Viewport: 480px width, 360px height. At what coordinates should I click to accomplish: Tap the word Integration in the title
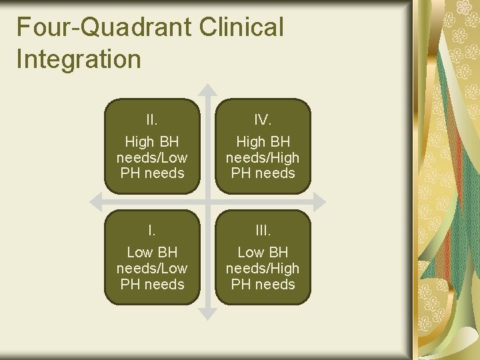pos(79,59)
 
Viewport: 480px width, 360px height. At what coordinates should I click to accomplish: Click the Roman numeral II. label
pos(152,120)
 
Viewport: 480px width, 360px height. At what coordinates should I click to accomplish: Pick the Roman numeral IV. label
pos(262,120)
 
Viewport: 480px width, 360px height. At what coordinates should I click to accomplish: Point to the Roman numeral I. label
pos(152,231)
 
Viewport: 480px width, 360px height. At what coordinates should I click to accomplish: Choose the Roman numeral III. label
pos(262,231)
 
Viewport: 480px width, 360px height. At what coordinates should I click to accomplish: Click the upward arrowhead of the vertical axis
pos(208,90)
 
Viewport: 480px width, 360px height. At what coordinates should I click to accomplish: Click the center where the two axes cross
pos(208,201)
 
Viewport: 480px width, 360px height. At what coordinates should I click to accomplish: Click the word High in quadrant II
pos(139,142)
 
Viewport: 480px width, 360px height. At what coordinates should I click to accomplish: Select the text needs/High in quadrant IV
pos(262,157)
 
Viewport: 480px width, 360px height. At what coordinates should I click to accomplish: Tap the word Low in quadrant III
pos(251,253)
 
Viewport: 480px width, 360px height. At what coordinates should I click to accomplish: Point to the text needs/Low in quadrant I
pos(152,269)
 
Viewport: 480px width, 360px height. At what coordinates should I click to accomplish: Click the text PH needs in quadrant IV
pos(262,173)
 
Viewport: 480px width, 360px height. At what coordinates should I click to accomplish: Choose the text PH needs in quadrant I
pos(152,285)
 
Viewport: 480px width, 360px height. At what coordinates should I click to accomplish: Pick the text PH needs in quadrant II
pos(152,173)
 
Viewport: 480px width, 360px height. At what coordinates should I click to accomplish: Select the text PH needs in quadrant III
pos(262,285)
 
